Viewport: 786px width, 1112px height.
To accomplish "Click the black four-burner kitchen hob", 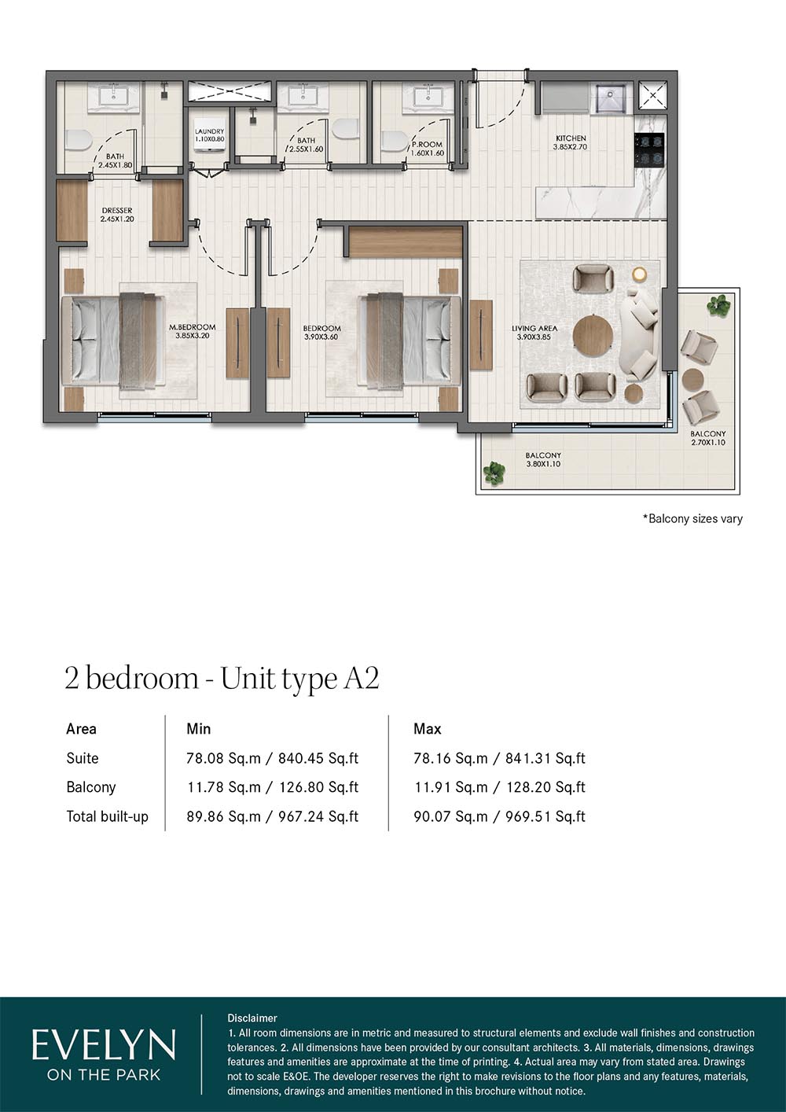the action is coord(649,150).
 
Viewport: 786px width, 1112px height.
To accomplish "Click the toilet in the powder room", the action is coord(395,141).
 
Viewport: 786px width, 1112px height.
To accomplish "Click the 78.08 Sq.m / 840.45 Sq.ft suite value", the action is coord(273,758).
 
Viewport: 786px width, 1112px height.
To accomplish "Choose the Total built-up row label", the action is coord(107,816).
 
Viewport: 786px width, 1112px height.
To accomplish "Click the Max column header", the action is coord(428,729).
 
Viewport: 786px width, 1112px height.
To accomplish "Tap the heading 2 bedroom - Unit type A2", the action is coord(222,679).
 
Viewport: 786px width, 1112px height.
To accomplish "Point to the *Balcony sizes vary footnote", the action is coord(692,519).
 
